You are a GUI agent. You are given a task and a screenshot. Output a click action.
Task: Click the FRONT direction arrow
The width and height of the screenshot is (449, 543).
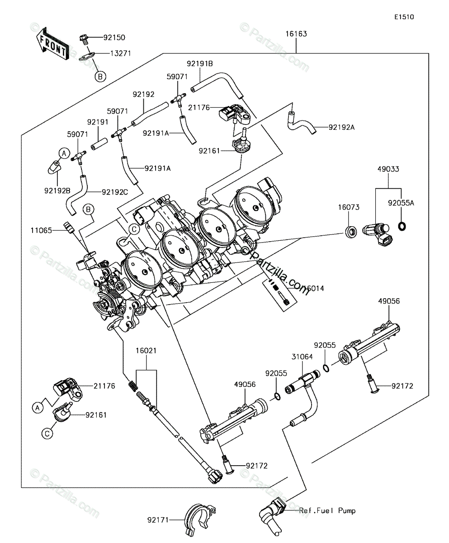(53, 44)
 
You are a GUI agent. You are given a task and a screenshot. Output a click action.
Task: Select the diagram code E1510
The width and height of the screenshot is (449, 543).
(404, 17)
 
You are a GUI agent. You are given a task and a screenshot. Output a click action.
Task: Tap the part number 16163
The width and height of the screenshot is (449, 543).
(296, 34)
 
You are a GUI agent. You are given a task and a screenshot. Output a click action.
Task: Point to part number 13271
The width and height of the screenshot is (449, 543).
(121, 53)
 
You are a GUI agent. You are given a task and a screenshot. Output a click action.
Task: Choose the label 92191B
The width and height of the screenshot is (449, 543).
(199, 64)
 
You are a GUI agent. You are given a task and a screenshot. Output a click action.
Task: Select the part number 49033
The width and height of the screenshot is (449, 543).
(388, 169)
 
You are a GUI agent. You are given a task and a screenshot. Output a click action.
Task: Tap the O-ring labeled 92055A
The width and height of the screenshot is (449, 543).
(402, 226)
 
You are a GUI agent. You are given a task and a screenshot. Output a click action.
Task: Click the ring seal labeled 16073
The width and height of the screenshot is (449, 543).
(351, 231)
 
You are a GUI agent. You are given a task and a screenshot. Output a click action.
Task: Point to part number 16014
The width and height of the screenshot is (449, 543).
(314, 288)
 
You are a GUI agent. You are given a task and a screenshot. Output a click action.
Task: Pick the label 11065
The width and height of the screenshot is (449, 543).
(41, 230)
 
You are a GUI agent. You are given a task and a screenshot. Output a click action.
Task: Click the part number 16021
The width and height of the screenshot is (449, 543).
(146, 351)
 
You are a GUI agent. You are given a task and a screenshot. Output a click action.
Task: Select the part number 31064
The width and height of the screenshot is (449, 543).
(302, 357)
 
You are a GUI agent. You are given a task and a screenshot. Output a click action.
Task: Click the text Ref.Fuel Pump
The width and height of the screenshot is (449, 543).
(327, 510)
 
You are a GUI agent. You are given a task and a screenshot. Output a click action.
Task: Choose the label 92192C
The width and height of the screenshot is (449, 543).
(115, 192)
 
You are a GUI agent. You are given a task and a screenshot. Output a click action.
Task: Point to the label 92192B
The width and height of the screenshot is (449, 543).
(57, 191)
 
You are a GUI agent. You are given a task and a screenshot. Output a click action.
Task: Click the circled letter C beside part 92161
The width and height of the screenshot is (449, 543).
(47, 433)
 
